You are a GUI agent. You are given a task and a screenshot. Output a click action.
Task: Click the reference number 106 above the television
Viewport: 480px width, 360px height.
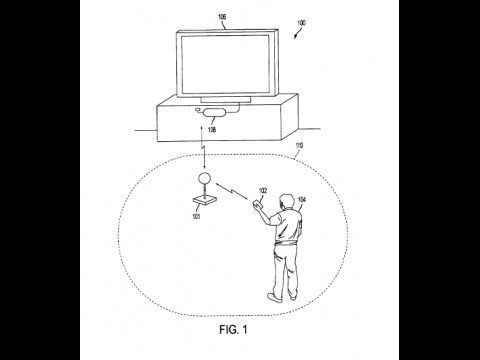222,16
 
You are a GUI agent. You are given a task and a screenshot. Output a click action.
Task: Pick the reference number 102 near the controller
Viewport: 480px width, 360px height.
264,189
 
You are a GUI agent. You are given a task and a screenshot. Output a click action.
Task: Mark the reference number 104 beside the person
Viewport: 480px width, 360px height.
302,199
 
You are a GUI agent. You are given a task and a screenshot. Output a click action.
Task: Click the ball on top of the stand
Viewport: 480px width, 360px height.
203,180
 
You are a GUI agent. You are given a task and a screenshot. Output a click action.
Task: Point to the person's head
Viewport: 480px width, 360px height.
285,200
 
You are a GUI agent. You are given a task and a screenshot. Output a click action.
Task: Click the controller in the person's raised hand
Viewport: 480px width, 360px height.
256,206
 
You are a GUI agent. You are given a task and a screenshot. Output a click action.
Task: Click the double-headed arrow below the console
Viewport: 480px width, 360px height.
204,149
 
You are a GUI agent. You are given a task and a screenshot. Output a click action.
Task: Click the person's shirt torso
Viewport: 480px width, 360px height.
286,227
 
